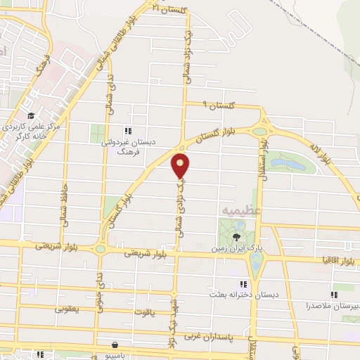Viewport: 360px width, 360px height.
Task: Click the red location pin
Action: pos(181,166)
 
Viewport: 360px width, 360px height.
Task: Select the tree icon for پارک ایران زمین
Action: pos(236,237)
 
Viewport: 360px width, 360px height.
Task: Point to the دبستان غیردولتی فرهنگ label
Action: pos(128,146)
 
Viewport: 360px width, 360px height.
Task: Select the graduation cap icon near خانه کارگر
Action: pos(31,116)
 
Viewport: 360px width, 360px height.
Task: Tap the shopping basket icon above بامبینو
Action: pos(113,346)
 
